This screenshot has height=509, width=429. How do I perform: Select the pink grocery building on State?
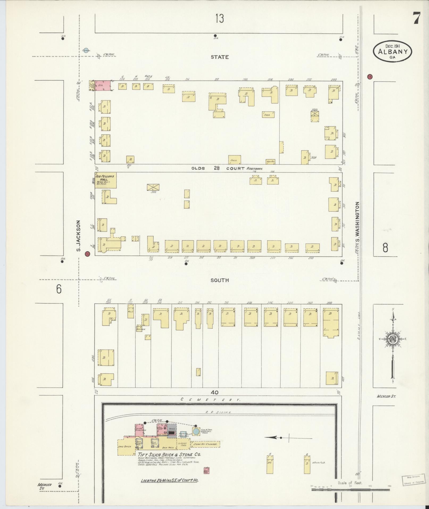coord(103,86)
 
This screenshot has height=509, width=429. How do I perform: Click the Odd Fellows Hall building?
coord(106,180)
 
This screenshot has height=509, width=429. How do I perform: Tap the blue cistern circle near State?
coord(86,50)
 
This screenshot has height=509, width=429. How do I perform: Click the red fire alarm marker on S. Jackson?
coord(87,254)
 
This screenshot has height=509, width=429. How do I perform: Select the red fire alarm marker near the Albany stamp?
coord(369,77)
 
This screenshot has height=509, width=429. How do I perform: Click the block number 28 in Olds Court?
coord(217,168)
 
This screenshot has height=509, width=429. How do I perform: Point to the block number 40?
coord(215,392)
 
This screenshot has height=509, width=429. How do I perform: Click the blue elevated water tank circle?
coord(196,432)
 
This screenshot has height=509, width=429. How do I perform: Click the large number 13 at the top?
coord(220,19)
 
